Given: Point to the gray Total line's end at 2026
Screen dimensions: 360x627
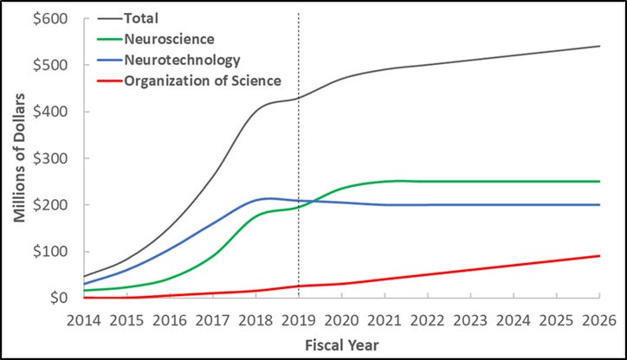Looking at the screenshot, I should coord(599,46).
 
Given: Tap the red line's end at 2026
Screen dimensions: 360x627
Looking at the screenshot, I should coord(599,255).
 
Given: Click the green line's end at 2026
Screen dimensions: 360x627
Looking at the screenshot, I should coord(599,182).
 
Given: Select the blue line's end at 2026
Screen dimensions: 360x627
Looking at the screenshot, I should coord(599,205).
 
